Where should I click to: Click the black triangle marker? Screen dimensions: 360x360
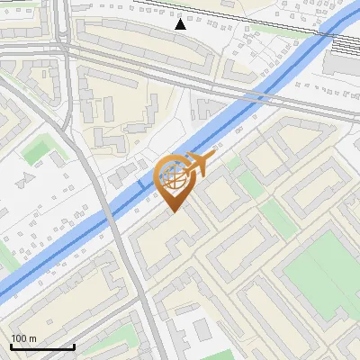pos(181,24)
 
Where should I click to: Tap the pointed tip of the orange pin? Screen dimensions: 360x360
pos(175,211)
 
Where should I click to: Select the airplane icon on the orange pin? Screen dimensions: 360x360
pos(200,163)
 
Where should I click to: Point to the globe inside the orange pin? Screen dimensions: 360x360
pos(175,178)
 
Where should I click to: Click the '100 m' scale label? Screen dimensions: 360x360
pos(24,338)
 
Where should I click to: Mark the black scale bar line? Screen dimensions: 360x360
pos(42,347)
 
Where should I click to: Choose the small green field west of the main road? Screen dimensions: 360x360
pos(37,151)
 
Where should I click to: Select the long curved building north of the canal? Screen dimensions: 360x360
pos(144,45)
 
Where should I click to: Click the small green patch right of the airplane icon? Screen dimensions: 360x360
pos(233,163)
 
